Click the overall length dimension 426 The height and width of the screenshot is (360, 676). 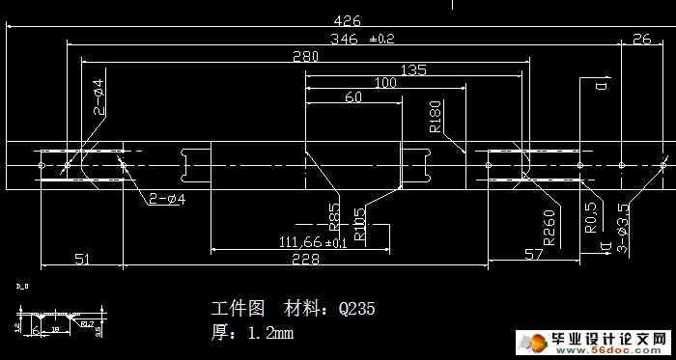[341, 19]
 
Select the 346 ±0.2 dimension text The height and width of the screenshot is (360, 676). [362, 40]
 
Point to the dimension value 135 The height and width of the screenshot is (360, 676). [413, 70]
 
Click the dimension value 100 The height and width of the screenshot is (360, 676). [383, 84]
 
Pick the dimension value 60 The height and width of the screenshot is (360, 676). [352, 97]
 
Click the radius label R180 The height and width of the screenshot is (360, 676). [435, 115]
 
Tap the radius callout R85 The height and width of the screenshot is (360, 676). [334, 213]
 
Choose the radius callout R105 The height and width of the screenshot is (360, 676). [360, 223]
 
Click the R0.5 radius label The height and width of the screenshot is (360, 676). [591, 217]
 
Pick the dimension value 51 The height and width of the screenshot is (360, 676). [81, 259]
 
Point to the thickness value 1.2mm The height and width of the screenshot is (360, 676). [270, 333]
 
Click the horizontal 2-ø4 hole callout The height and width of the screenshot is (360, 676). [167, 200]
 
